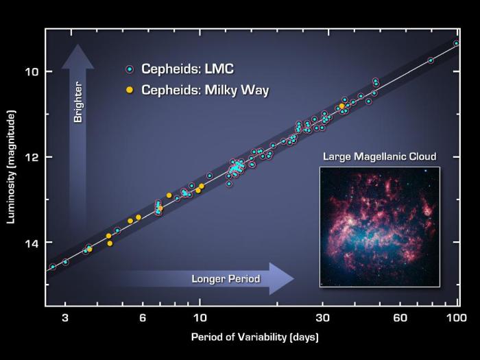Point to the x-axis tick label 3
pos(65,317)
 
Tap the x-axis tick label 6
pos(143,317)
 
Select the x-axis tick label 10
pos(200,317)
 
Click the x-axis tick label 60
pos(400,317)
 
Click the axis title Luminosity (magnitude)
pos(12,169)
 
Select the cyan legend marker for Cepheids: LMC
pos(129,69)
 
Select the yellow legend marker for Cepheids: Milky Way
pos(129,90)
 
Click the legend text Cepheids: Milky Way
pos(205,90)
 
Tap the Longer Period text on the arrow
pos(226,279)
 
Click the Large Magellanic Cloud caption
pos(379,156)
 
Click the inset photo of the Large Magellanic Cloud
pos(379,226)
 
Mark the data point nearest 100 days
pos(457,43)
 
